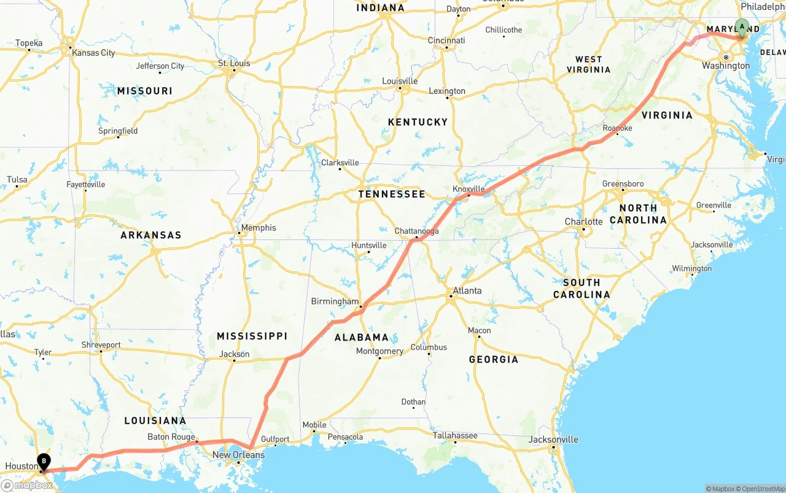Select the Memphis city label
(259, 228)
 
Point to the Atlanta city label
(467, 290)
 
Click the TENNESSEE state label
(392, 194)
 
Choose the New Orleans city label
(238, 455)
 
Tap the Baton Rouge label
(171, 437)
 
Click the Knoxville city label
(469, 189)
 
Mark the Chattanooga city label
(416, 231)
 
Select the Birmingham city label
(335, 301)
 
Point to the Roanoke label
(617, 128)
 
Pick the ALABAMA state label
(362, 337)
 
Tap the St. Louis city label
(235, 63)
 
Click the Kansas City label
(93, 53)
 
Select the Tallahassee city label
(455, 435)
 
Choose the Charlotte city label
(583, 222)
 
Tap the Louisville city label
(400, 81)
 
